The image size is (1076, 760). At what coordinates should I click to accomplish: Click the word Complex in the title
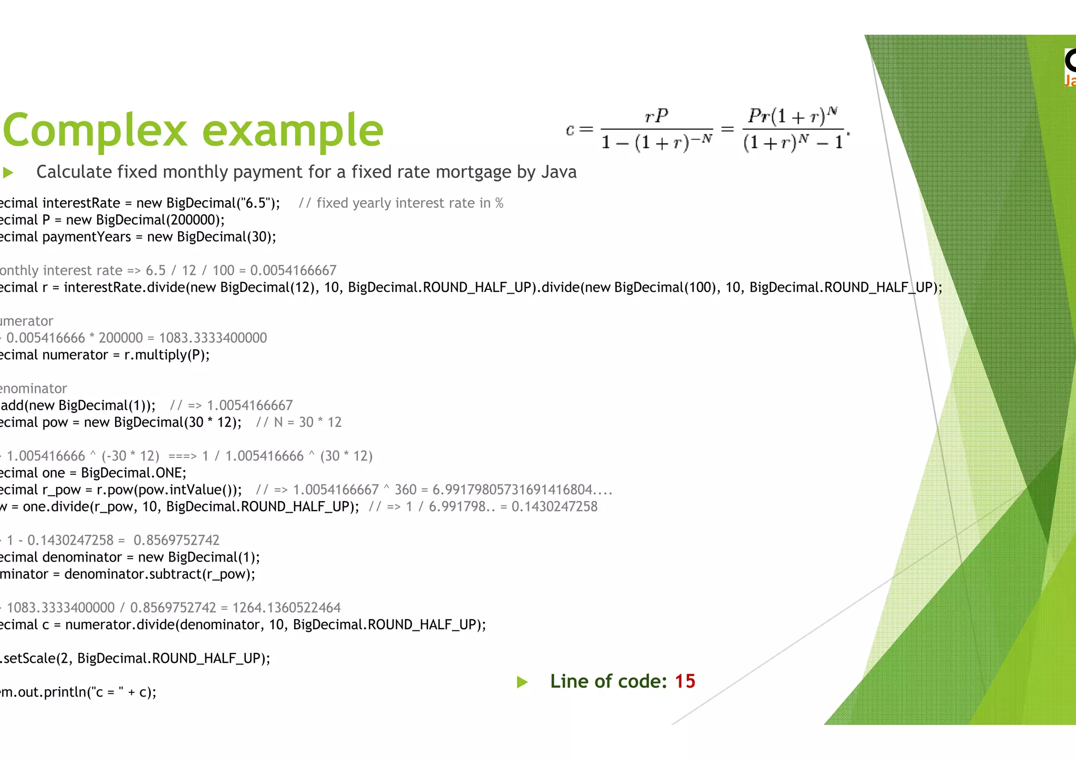point(95,130)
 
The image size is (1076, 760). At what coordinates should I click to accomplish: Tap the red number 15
point(685,681)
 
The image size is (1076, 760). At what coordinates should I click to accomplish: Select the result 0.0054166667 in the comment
point(293,270)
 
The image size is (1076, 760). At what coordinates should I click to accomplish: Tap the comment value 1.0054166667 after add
point(250,405)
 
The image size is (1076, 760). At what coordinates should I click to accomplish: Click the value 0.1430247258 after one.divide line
point(554,507)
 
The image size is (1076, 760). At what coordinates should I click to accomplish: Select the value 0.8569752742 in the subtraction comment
point(177,540)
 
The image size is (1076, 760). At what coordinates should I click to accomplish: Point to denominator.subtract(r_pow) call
point(159,574)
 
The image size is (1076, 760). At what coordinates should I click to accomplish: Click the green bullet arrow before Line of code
point(522,682)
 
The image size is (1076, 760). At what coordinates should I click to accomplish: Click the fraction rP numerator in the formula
point(656,116)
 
